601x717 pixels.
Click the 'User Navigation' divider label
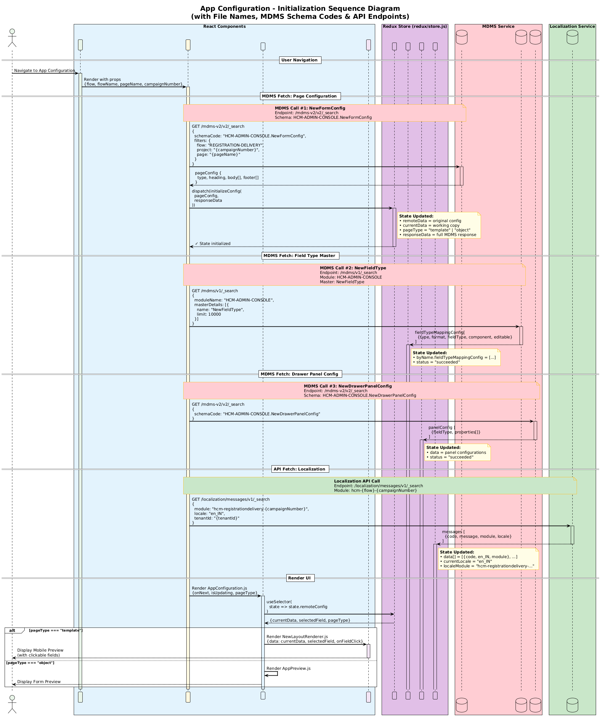(x=300, y=60)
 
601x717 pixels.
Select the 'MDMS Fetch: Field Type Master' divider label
(x=300, y=256)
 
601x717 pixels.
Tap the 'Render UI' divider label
(x=300, y=578)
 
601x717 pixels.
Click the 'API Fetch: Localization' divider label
(x=300, y=469)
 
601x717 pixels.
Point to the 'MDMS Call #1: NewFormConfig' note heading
(x=310, y=108)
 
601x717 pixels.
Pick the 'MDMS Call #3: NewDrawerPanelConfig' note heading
(x=348, y=386)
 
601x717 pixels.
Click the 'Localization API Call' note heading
(x=357, y=481)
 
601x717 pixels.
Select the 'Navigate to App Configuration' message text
(x=44, y=71)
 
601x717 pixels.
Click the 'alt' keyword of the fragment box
(x=12, y=631)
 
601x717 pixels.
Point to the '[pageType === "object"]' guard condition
(x=30, y=663)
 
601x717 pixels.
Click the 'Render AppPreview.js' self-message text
(x=288, y=669)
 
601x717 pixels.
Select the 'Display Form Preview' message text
(x=39, y=682)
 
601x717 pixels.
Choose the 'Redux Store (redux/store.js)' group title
(x=415, y=27)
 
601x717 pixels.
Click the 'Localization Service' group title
(x=572, y=27)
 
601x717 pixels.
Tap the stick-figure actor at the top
(x=12, y=38)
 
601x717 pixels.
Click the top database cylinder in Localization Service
(x=572, y=37)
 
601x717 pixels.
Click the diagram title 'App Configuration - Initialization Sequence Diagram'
(x=300, y=9)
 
